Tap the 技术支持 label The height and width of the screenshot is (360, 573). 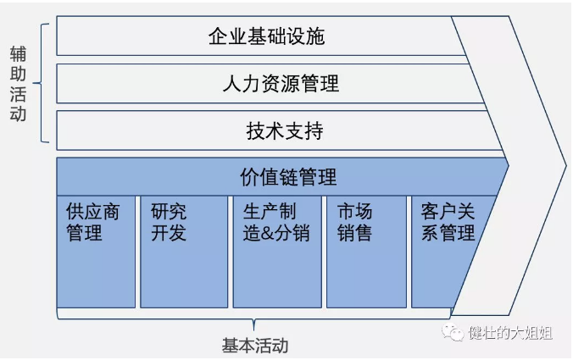(285, 131)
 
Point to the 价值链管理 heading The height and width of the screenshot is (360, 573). (288, 177)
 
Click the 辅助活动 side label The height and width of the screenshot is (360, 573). (18, 84)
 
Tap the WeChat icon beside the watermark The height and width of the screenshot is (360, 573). (457, 332)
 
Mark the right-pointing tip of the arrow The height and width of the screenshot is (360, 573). (563, 161)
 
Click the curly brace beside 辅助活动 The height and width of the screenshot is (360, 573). (43, 84)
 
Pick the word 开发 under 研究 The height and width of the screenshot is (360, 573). (169, 232)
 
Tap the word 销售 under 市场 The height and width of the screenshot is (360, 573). (354, 232)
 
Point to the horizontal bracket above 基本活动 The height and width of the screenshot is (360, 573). (254, 320)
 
